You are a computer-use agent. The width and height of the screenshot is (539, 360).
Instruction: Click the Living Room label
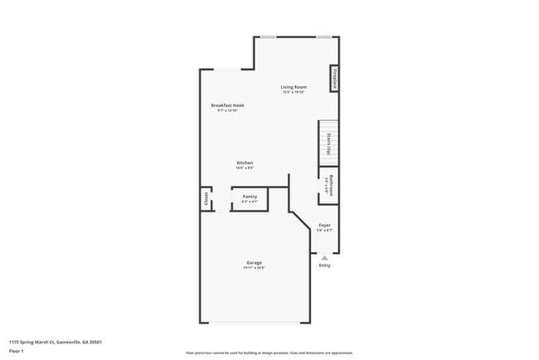[294, 87]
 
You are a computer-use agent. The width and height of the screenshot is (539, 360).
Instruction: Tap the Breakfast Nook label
[227, 105]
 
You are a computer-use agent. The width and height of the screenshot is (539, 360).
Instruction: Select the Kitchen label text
[245, 163]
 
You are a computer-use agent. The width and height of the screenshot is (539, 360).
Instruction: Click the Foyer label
[325, 226]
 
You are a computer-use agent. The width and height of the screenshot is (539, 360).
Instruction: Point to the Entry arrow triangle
[324, 257]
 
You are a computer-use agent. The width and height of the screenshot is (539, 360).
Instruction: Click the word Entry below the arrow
[324, 265]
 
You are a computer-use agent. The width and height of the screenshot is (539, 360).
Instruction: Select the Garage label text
[254, 263]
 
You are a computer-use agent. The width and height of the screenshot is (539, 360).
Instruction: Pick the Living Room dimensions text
[294, 93]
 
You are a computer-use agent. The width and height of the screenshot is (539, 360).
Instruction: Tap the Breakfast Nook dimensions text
[227, 111]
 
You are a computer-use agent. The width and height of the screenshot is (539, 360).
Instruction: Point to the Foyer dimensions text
[325, 231]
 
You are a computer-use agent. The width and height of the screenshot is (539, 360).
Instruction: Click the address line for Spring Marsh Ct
[56, 342]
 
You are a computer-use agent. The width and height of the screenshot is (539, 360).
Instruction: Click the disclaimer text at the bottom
[269, 352]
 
